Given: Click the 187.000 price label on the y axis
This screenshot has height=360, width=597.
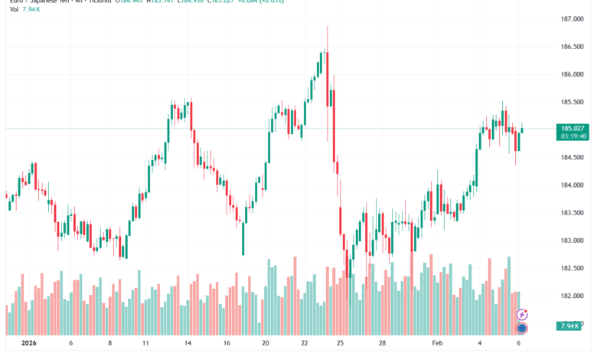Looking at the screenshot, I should tap(573, 19).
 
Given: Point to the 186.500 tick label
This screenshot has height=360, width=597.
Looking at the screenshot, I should tap(573, 47).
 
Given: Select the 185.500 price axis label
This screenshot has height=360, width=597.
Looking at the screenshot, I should tap(573, 102).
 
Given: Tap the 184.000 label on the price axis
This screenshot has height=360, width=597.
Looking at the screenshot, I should tap(573, 185).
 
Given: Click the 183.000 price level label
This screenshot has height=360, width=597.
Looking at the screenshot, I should tap(573, 241).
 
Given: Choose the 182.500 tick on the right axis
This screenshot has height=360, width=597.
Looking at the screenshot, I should tap(573, 268).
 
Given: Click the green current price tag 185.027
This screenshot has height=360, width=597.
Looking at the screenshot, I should tap(573, 128).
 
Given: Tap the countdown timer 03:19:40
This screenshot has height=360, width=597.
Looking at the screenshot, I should tap(573, 137).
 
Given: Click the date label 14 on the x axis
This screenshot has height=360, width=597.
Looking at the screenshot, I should tap(187, 344).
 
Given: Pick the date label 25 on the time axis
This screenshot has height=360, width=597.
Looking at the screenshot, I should tap(341, 344).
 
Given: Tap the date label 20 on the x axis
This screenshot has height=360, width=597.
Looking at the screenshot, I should tap(265, 344).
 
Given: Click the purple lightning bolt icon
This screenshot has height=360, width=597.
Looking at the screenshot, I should tap(522, 314).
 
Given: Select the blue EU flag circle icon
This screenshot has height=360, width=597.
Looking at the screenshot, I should tap(522, 328).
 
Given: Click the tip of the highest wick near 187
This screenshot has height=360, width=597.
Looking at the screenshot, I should tap(328, 26).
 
